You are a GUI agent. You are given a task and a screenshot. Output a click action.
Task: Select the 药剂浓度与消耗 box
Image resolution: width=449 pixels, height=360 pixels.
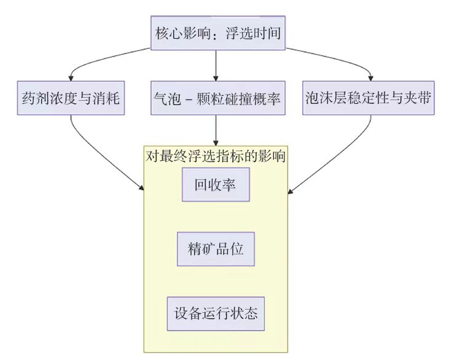pyautogui.click(x=71, y=98)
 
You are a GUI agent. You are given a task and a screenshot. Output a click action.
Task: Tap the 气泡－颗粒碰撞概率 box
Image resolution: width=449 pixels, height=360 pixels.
pyautogui.click(x=216, y=98)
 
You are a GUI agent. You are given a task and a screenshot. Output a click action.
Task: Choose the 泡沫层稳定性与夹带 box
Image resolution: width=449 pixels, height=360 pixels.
pyautogui.click(x=369, y=98)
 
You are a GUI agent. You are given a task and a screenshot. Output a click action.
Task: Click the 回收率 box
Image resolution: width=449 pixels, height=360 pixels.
pyautogui.click(x=216, y=184)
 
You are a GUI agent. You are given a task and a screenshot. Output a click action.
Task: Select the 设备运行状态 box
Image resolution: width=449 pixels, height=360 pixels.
pyautogui.click(x=216, y=313)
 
